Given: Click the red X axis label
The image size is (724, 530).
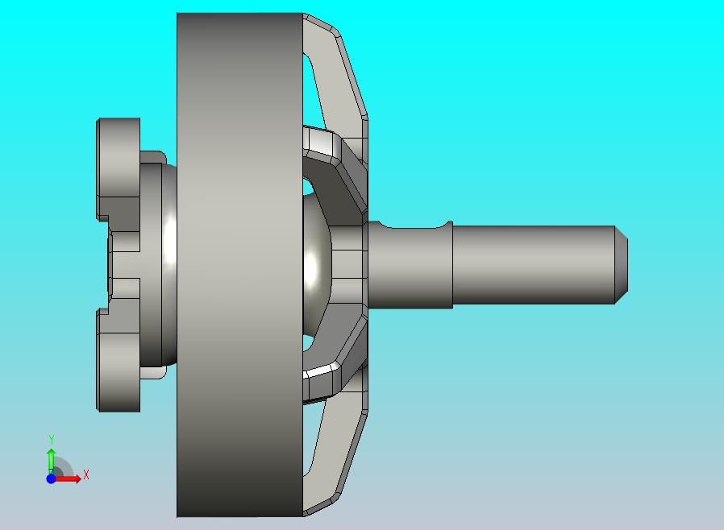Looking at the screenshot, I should click(85, 474).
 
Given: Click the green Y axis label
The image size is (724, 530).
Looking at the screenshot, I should click(52, 439).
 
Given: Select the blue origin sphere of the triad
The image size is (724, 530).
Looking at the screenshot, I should click(51, 478).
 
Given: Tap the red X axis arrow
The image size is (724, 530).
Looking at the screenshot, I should click(71, 478).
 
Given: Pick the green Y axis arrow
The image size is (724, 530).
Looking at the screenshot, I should click(51, 459).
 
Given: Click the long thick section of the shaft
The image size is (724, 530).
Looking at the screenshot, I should click(532, 265).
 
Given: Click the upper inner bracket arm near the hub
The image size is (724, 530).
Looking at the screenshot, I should click(339, 173).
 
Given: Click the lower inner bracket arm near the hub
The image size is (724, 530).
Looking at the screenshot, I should click(339, 354).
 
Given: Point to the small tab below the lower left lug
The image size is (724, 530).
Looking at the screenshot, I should click(153, 373).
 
